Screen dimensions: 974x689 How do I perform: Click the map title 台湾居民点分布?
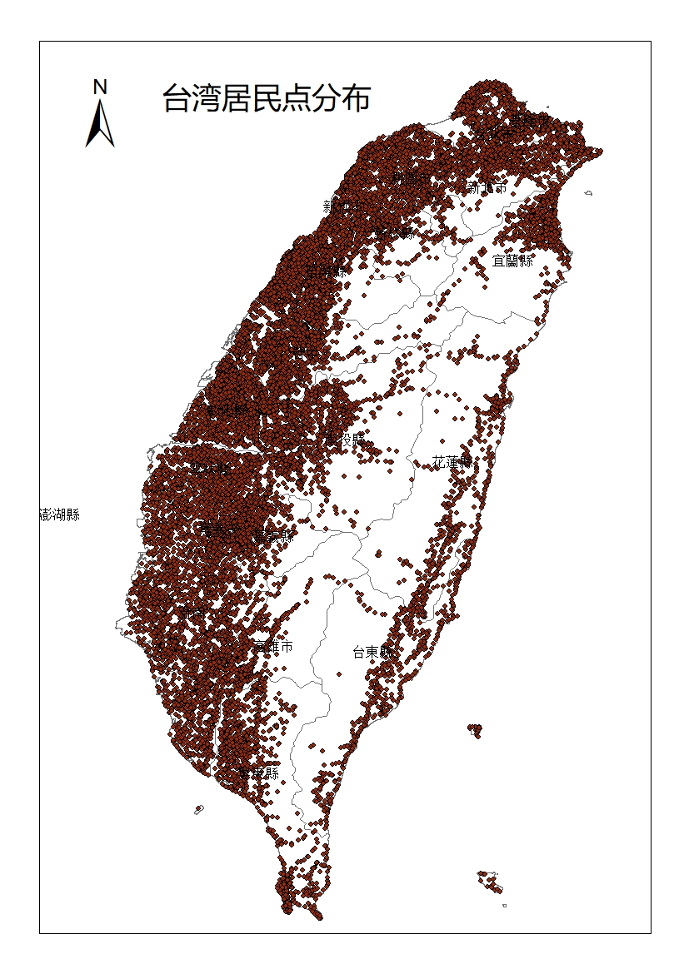pyautogui.click(x=267, y=99)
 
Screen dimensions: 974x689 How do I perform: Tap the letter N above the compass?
pyautogui.click(x=100, y=87)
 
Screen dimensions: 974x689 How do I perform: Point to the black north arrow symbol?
pyautogui.click(x=100, y=125)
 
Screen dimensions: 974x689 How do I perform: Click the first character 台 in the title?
pyautogui.click(x=176, y=99)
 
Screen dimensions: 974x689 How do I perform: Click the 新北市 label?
pyautogui.click(x=487, y=188)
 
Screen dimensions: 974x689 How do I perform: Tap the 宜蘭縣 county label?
pyautogui.click(x=513, y=261)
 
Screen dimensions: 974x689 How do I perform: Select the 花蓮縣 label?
pyautogui.click(x=452, y=462)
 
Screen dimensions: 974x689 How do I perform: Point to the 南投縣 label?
pyautogui.click(x=344, y=438)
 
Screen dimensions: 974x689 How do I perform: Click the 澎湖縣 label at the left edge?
pyautogui.click(x=60, y=514)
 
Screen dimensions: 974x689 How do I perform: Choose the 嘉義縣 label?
pyautogui.click(x=273, y=535)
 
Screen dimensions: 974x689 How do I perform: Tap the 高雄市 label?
pyautogui.click(x=273, y=646)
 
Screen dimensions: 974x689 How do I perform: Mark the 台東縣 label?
pyautogui.click(x=374, y=652)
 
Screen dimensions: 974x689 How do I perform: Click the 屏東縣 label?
pyautogui.click(x=258, y=773)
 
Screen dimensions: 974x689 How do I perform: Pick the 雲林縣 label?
pyautogui.click(x=210, y=469)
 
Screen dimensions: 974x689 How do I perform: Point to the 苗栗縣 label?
pyautogui.click(x=327, y=271)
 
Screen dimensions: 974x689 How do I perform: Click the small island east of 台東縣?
pyautogui.click(x=475, y=730)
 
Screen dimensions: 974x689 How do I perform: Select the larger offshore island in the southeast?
pyautogui.click(x=491, y=882)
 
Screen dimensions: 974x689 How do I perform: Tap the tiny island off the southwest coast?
pyautogui.click(x=199, y=809)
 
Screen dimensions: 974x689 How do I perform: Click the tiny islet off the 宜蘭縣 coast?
pyautogui.click(x=588, y=193)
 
